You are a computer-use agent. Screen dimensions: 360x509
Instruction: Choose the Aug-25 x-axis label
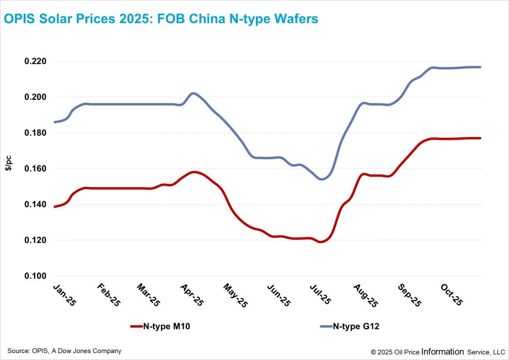365,294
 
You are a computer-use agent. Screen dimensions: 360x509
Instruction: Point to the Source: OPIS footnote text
64,351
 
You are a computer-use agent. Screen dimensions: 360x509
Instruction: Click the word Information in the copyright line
442,352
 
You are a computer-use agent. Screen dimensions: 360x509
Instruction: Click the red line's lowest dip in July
321,242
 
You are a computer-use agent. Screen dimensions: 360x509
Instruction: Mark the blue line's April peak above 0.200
193,93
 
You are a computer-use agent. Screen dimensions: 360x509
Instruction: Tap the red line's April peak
194,172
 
